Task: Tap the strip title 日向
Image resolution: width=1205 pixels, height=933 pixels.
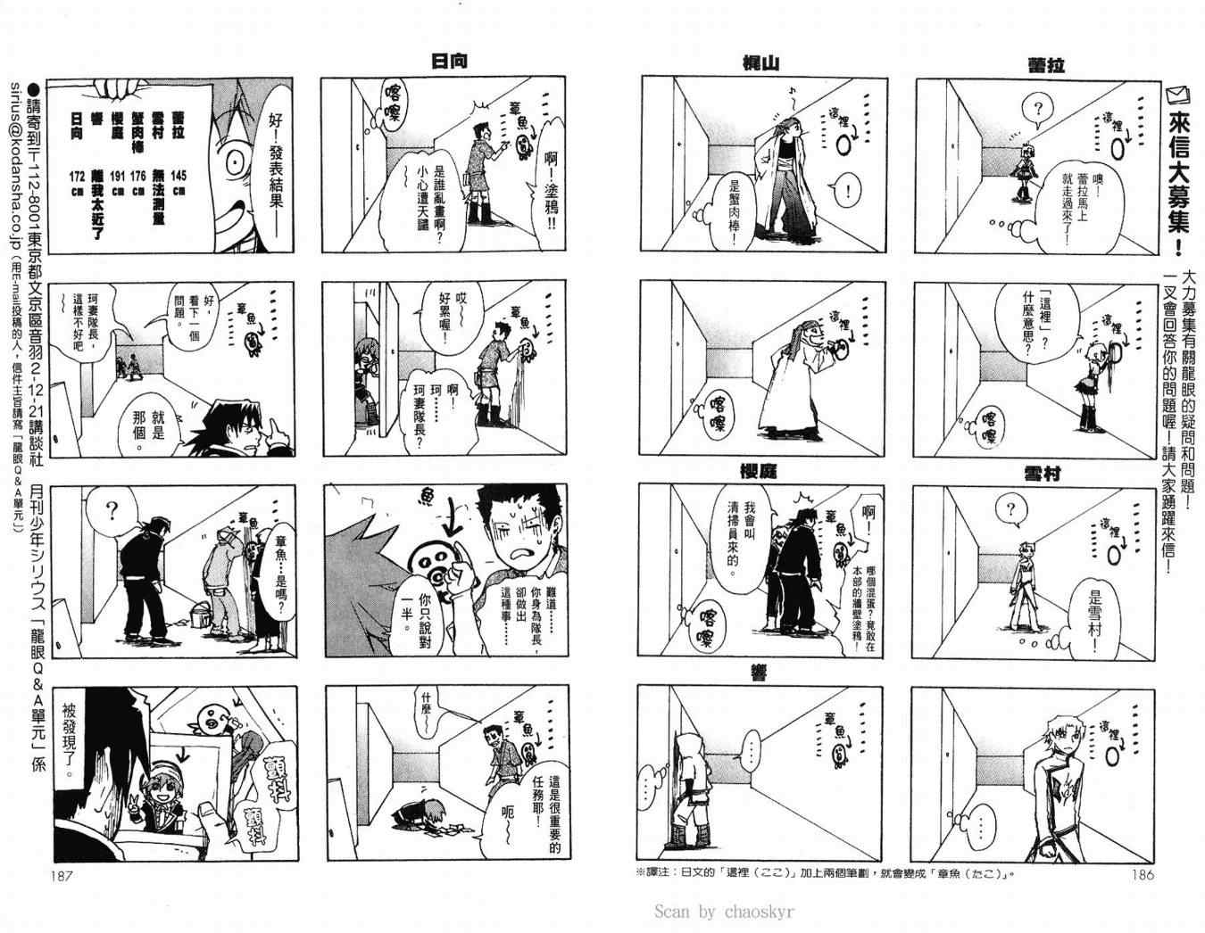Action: [x=449, y=62]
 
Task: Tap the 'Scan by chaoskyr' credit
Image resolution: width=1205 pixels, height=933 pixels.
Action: [x=724, y=911]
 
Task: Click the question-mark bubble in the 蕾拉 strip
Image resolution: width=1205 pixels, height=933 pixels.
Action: [x=1036, y=111]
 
